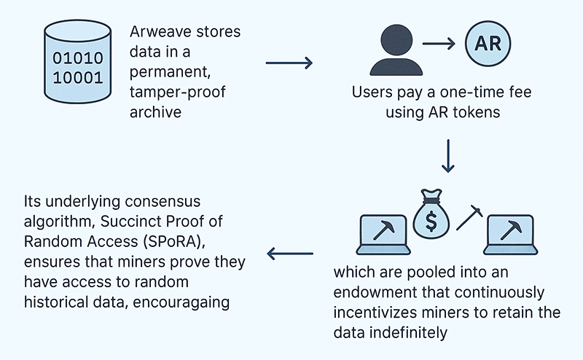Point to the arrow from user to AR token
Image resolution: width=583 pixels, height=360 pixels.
[439, 44]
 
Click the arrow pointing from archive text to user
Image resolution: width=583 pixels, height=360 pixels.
[289, 63]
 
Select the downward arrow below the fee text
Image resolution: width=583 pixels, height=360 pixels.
[448, 157]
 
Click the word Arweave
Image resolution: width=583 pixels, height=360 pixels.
[159, 34]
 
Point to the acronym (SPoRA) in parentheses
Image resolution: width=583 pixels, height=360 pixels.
[195, 240]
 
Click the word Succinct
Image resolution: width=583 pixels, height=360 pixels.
[140, 221]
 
